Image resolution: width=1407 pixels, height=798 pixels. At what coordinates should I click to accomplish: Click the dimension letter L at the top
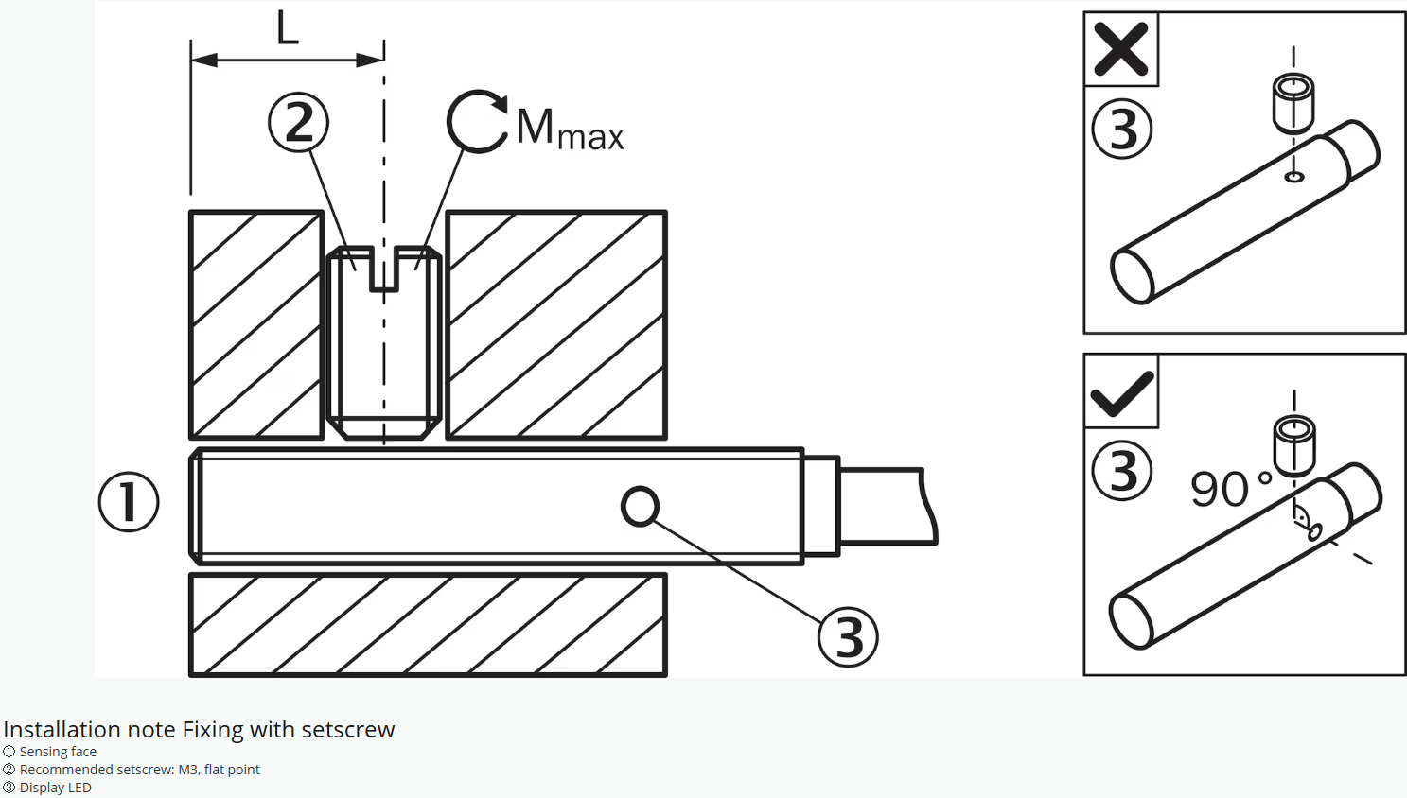click(x=288, y=28)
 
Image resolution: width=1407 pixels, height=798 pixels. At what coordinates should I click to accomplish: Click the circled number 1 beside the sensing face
click(x=129, y=502)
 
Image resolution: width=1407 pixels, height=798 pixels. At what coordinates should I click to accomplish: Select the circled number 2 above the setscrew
click(x=298, y=123)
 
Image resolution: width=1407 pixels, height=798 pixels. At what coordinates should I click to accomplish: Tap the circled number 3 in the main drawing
click(x=848, y=637)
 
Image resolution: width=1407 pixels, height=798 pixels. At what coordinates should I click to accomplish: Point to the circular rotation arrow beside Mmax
click(x=476, y=121)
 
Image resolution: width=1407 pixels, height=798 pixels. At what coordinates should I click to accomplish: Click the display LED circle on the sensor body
click(x=641, y=507)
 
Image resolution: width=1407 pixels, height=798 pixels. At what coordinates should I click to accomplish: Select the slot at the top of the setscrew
click(x=384, y=270)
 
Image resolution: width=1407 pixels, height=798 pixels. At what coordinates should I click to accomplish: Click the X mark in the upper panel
click(x=1121, y=49)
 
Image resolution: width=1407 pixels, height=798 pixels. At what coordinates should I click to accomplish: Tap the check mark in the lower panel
click(x=1121, y=392)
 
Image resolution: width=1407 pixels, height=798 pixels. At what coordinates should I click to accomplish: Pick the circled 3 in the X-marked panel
click(x=1122, y=130)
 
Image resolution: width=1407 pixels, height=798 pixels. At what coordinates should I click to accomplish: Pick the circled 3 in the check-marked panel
click(x=1122, y=471)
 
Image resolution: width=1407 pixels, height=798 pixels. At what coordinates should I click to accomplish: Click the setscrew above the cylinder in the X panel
click(x=1293, y=103)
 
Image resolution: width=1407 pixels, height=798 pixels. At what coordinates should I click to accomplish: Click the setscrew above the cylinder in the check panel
click(x=1294, y=444)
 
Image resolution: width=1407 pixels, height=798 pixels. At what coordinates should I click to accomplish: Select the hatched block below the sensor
click(x=428, y=625)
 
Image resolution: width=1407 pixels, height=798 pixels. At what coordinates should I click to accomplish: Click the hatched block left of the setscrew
click(x=256, y=324)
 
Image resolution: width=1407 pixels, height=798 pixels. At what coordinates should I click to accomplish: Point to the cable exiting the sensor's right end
click(x=885, y=506)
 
